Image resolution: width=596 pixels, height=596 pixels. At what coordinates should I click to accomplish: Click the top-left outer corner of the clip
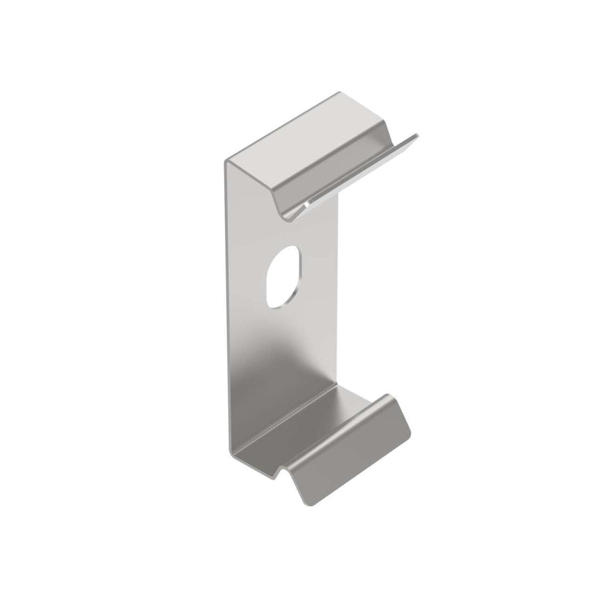click(x=225, y=160)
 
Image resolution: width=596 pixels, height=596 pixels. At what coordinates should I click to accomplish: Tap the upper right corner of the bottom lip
click(x=392, y=396)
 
